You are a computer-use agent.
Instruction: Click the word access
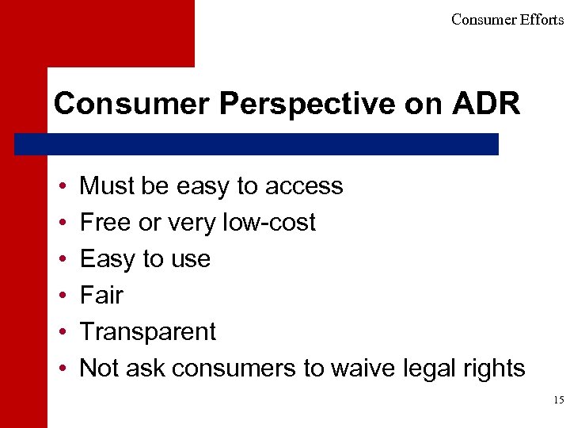pyautogui.click(x=304, y=186)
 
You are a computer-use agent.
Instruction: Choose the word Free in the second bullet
pyautogui.click(x=106, y=223)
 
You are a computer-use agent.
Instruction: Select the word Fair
pyautogui.click(x=101, y=296)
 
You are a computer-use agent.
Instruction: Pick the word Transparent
pyautogui.click(x=147, y=332)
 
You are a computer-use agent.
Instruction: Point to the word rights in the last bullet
pyautogui.click(x=495, y=369)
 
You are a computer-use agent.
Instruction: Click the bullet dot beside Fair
pyautogui.click(x=62, y=296)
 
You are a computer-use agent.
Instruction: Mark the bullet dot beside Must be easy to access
pyautogui.click(x=62, y=187)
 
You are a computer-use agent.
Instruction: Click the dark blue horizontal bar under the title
pyautogui.click(x=256, y=144)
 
